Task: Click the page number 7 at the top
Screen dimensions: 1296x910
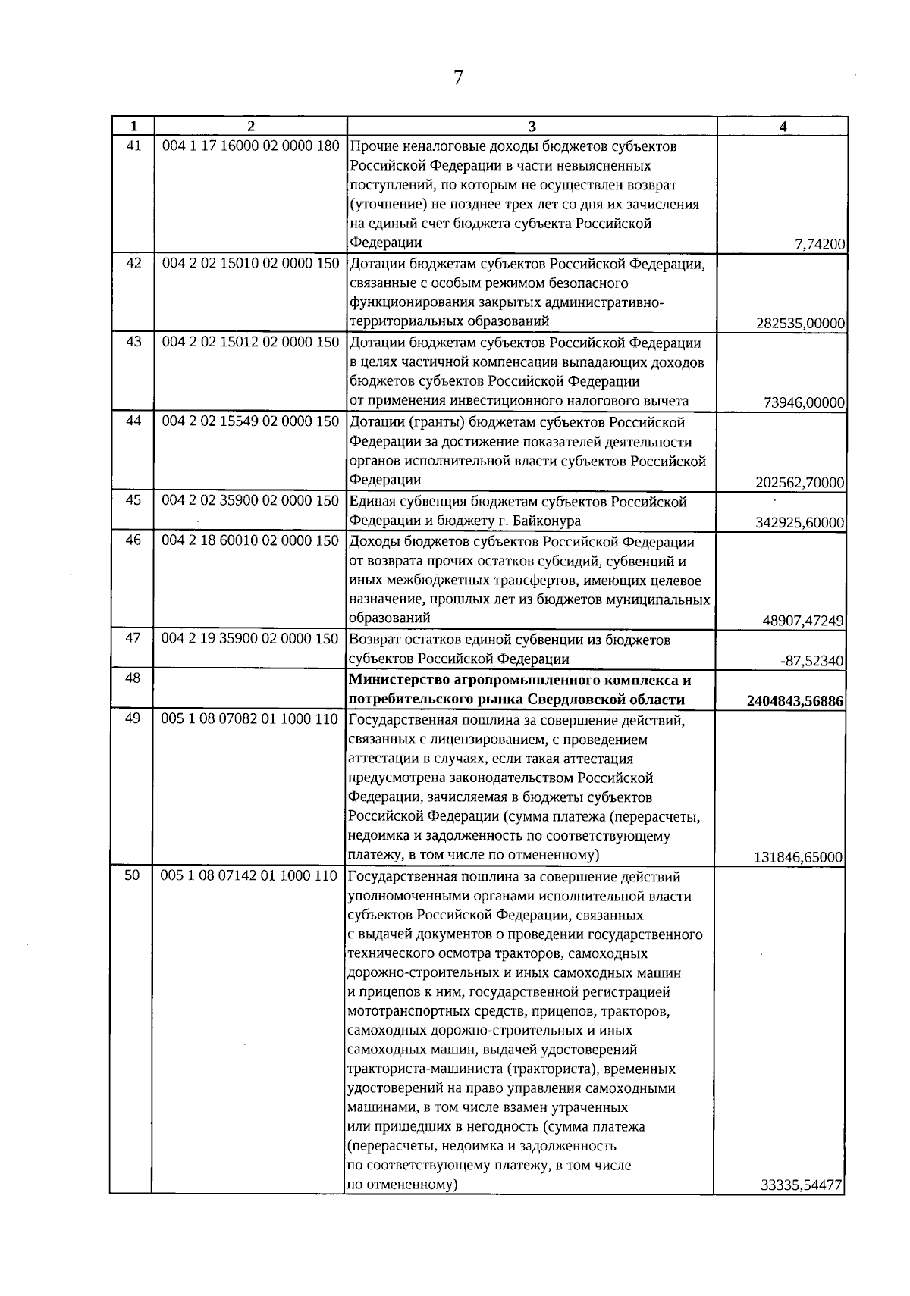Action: [x=458, y=78]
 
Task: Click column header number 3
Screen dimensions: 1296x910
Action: [x=531, y=127]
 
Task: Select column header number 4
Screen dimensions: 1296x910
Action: [x=783, y=127]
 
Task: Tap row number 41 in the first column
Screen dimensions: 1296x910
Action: [x=133, y=146]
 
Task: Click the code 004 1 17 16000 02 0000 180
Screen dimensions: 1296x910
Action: [x=250, y=146]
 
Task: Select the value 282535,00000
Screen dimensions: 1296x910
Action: [x=801, y=324]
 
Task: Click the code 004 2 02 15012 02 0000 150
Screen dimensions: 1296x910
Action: [x=250, y=343]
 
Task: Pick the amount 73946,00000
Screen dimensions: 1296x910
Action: [x=805, y=403]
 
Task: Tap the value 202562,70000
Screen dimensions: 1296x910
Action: [x=801, y=483]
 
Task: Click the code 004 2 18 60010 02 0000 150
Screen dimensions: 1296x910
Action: [x=250, y=541]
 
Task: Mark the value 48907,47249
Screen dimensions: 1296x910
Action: [x=804, y=621]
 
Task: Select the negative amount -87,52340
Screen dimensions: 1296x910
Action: [x=812, y=661]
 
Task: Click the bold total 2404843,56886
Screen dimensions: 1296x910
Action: [x=795, y=701]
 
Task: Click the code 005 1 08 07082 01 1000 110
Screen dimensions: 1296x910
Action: [x=250, y=719]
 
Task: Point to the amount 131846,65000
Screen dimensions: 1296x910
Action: [x=799, y=858]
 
